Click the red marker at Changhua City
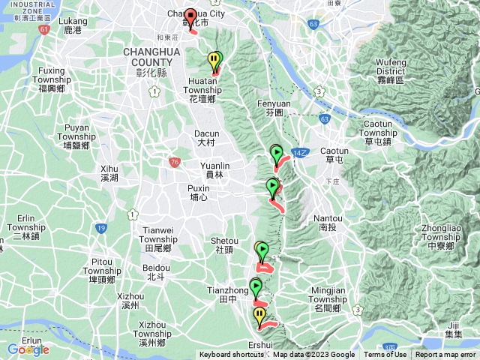tap(190, 17)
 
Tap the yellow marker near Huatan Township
tap(214, 59)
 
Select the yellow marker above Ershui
tap(259, 315)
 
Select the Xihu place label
tap(109, 173)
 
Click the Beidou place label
tap(155, 271)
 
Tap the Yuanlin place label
tap(211, 169)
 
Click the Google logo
tap(28, 349)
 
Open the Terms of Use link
tap(385, 355)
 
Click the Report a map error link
tap(445, 355)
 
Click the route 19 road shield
tap(100, 227)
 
